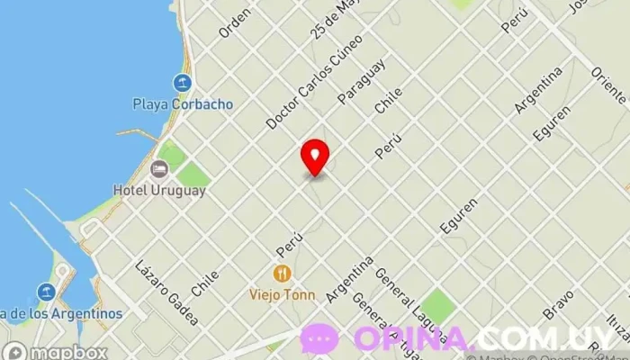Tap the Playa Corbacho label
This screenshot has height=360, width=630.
[x=184, y=103]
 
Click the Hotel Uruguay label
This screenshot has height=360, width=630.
[x=159, y=190]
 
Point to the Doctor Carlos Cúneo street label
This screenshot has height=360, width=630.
[x=314, y=81]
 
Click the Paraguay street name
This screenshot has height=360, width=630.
[x=362, y=80]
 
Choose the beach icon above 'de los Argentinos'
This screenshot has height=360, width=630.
[x=47, y=292]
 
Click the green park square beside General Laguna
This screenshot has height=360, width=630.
[x=438, y=307]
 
